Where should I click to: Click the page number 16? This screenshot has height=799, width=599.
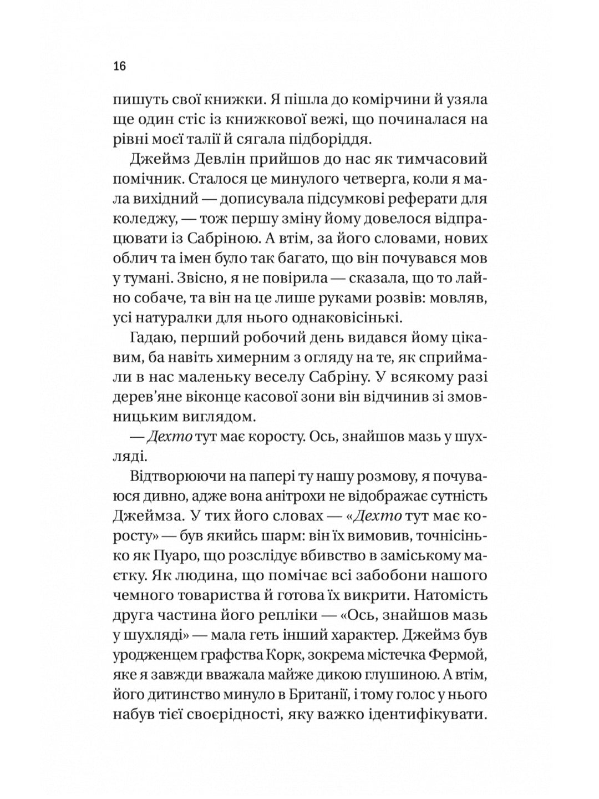(x=120, y=66)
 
